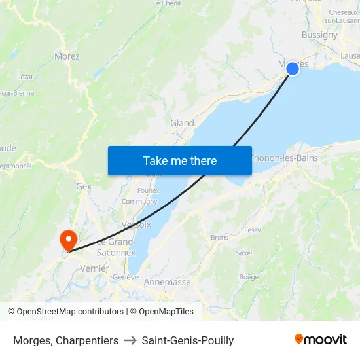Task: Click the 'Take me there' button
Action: coord(180,160)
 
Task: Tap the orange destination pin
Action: coord(67,240)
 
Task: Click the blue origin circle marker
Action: coord(293,67)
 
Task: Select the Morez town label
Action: coord(67,56)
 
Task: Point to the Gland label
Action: coord(182,123)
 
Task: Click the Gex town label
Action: coord(84,186)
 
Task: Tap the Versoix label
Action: coord(136,225)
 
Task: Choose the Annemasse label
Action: coord(167,282)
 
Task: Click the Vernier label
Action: coord(94,268)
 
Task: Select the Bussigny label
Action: coord(319,35)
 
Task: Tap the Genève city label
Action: coord(126,277)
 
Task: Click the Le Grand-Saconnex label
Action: coord(116,247)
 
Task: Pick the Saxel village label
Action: coord(244,253)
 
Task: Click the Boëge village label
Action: coord(249,277)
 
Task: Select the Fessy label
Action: coord(252,230)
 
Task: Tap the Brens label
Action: coord(219,237)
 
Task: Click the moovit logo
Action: coord(320,340)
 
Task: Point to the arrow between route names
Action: coord(130,340)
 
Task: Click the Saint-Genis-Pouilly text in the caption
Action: coord(188,340)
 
